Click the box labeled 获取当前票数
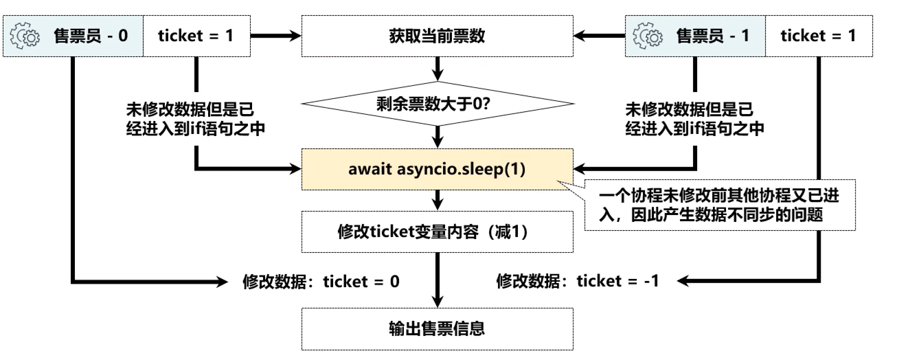438,36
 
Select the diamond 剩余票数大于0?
438,104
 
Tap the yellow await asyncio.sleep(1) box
438,168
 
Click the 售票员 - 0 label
89,36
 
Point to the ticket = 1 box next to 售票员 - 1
818,36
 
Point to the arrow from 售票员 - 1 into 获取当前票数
598,36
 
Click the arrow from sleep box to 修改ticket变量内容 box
438,200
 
